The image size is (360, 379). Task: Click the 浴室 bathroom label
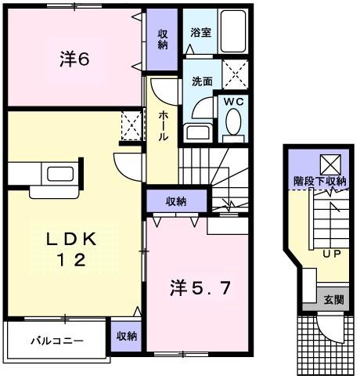click(x=200, y=33)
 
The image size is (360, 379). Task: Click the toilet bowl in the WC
click(x=233, y=123)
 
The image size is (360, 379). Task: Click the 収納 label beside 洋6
click(x=163, y=38)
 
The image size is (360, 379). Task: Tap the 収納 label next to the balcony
click(x=126, y=336)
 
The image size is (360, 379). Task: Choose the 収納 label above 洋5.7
click(x=176, y=201)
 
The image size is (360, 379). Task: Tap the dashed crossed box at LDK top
click(x=130, y=125)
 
